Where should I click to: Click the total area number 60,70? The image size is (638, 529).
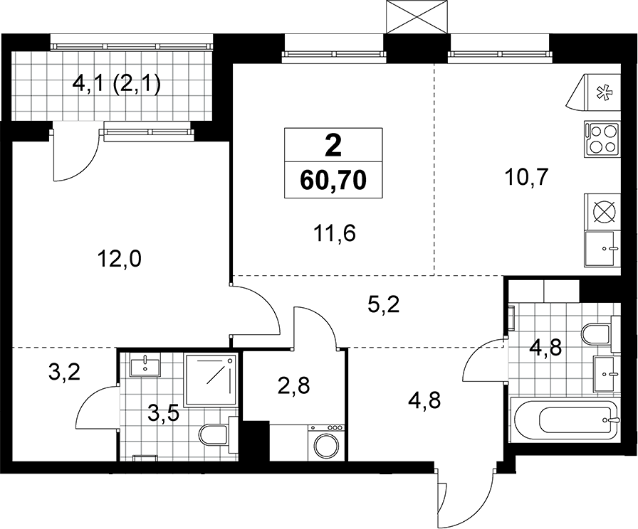333,181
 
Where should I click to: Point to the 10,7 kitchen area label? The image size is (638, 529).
526,176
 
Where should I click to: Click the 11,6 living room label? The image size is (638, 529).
335,234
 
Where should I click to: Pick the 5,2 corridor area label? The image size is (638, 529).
383,304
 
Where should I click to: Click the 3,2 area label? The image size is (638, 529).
64,372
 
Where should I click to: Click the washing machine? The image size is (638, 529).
327,443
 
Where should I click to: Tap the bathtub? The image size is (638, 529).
565,421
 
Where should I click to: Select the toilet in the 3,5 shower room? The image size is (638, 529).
218,435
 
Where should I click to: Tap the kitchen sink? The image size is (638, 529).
602,249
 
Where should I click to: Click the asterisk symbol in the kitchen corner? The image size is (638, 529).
600,93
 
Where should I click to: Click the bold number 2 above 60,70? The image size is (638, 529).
333,146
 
